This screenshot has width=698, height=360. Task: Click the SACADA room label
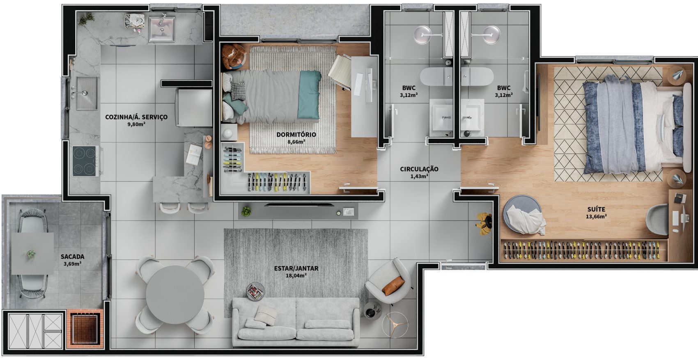click(x=72, y=257)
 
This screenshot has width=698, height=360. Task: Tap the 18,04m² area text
click(x=296, y=276)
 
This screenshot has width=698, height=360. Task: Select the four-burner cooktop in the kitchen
click(x=85, y=161)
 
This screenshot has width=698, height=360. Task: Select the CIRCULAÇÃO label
click(x=419, y=169)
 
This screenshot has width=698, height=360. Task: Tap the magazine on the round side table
click(x=255, y=291)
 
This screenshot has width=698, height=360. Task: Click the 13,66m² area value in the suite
click(x=596, y=217)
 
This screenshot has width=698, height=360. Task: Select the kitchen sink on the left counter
click(x=85, y=93)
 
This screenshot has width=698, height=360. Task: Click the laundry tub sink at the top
click(x=161, y=29)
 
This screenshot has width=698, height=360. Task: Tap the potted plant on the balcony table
click(x=31, y=255)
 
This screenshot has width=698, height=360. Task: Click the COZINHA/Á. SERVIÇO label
click(x=136, y=117)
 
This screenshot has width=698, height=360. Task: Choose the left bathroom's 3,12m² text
click(x=409, y=95)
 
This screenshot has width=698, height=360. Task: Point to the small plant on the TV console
click(x=246, y=211)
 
